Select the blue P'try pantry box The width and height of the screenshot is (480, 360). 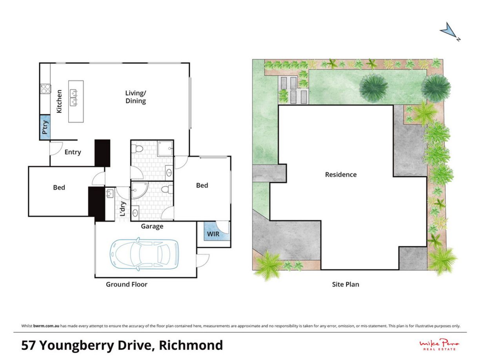click(x=45, y=127)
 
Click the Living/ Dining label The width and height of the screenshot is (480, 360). click(x=136, y=97)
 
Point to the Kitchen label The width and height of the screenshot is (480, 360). click(x=59, y=102)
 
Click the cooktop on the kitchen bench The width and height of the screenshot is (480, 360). click(x=45, y=89)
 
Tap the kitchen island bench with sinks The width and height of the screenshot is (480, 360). click(x=76, y=101)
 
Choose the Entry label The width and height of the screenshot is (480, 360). click(x=73, y=152)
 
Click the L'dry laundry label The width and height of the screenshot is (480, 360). click(x=122, y=209)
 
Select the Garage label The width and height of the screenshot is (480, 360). click(x=152, y=226)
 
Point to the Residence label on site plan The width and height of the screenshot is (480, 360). click(x=341, y=175)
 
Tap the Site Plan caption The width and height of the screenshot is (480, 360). click(x=345, y=284)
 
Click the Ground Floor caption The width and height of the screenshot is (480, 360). click(x=126, y=284)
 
